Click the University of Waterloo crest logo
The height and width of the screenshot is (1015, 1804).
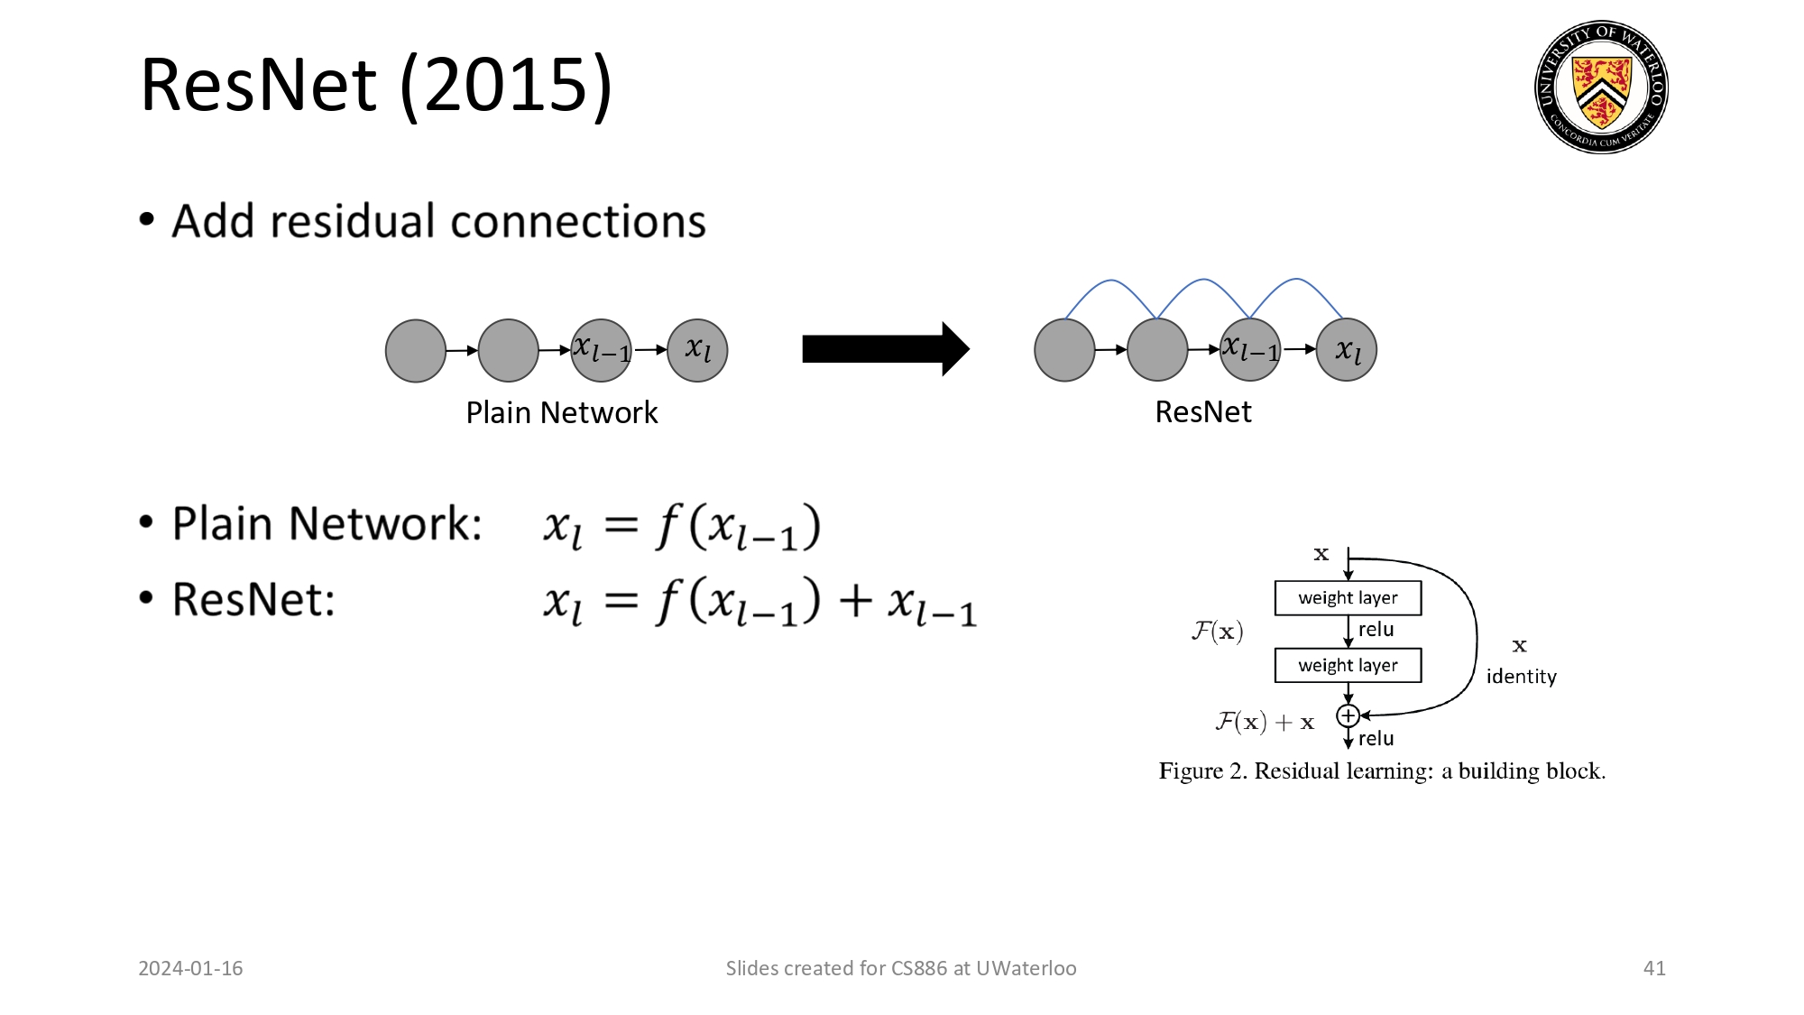pyautogui.click(x=1601, y=87)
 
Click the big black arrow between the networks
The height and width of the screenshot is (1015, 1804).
pyautogui.click(x=885, y=348)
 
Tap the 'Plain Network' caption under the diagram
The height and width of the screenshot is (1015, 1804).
pyautogui.click(x=561, y=412)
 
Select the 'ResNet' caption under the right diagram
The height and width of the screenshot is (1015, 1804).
pyautogui.click(x=1202, y=411)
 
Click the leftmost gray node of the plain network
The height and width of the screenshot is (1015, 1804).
pyautogui.click(x=415, y=350)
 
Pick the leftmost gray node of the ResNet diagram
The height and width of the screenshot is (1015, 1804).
pyautogui.click(x=1064, y=349)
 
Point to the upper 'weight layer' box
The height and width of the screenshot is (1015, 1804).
pyautogui.click(x=1348, y=597)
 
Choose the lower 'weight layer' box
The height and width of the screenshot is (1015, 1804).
pyautogui.click(x=1348, y=665)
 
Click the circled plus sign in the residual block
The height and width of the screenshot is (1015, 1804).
pyautogui.click(x=1348, y=715)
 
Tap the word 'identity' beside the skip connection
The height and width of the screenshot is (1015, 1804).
pyautogui.click(x=1521, y=676)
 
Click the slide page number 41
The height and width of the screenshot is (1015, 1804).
pyautogui.click(x=1653, y=968)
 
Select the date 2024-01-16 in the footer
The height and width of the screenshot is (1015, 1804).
pyautogui.click(x=190, y=968)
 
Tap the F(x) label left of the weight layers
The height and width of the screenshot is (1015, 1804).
pyautogui.click(x=1217, y=631)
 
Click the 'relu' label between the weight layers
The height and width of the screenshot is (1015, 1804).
pyautogui.click(x=1376, y=630)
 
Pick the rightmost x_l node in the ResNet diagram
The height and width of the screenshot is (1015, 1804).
pyautogui.click(x=1347, y=349)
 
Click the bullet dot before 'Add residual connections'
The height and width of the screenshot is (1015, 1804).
pyautogui.click(x=147, y=220)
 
